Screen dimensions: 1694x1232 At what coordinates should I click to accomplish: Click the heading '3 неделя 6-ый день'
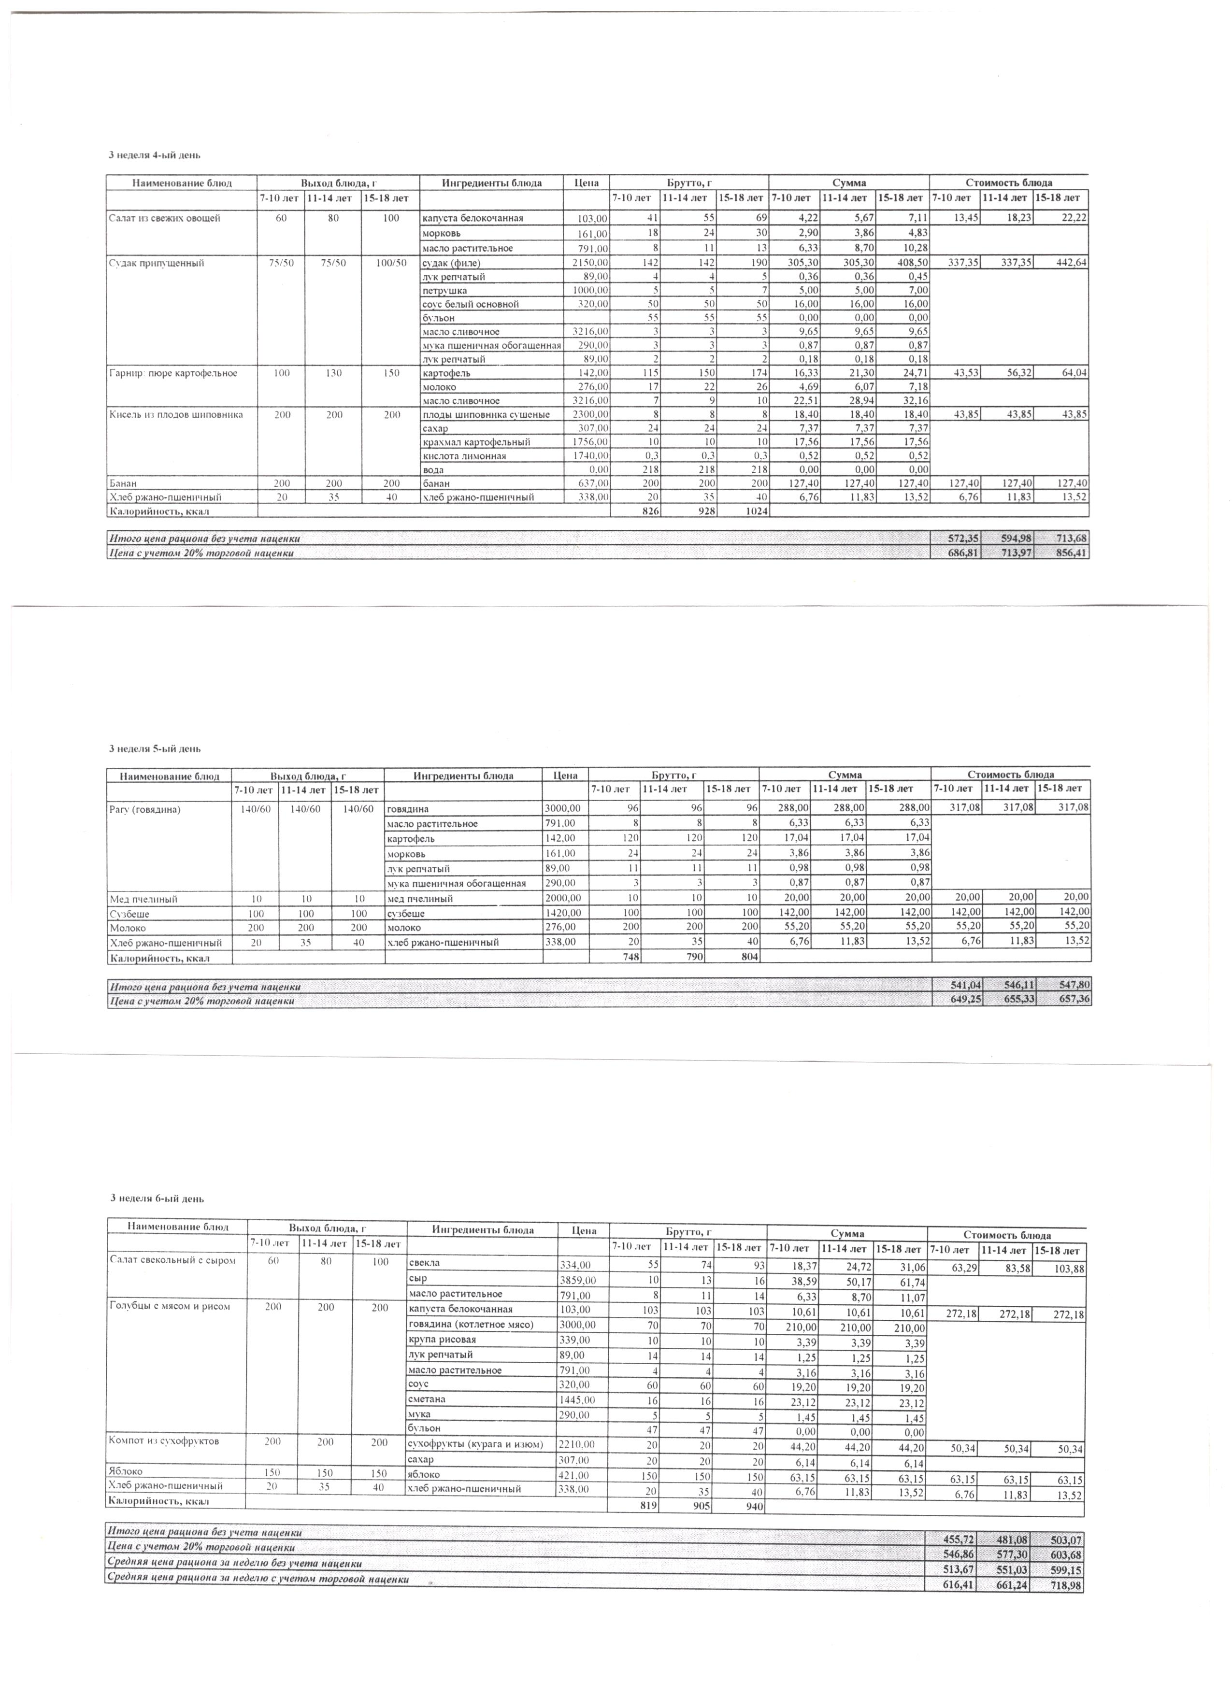[158, 1198]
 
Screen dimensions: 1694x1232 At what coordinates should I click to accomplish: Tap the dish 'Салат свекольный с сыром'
[172, 1260]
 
